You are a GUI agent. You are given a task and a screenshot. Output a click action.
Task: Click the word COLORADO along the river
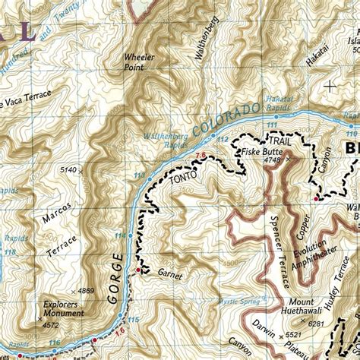coord(227,118)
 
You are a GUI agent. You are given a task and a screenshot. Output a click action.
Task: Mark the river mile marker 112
coord(222,140)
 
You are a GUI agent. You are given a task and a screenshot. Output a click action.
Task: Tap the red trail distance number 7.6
coord(201,156)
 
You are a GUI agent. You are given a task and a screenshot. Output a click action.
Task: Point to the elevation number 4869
coord(86,290)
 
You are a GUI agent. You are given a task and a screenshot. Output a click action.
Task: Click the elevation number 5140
coord(68,169)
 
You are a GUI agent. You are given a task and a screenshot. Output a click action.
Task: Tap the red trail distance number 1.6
coord(119,332)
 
